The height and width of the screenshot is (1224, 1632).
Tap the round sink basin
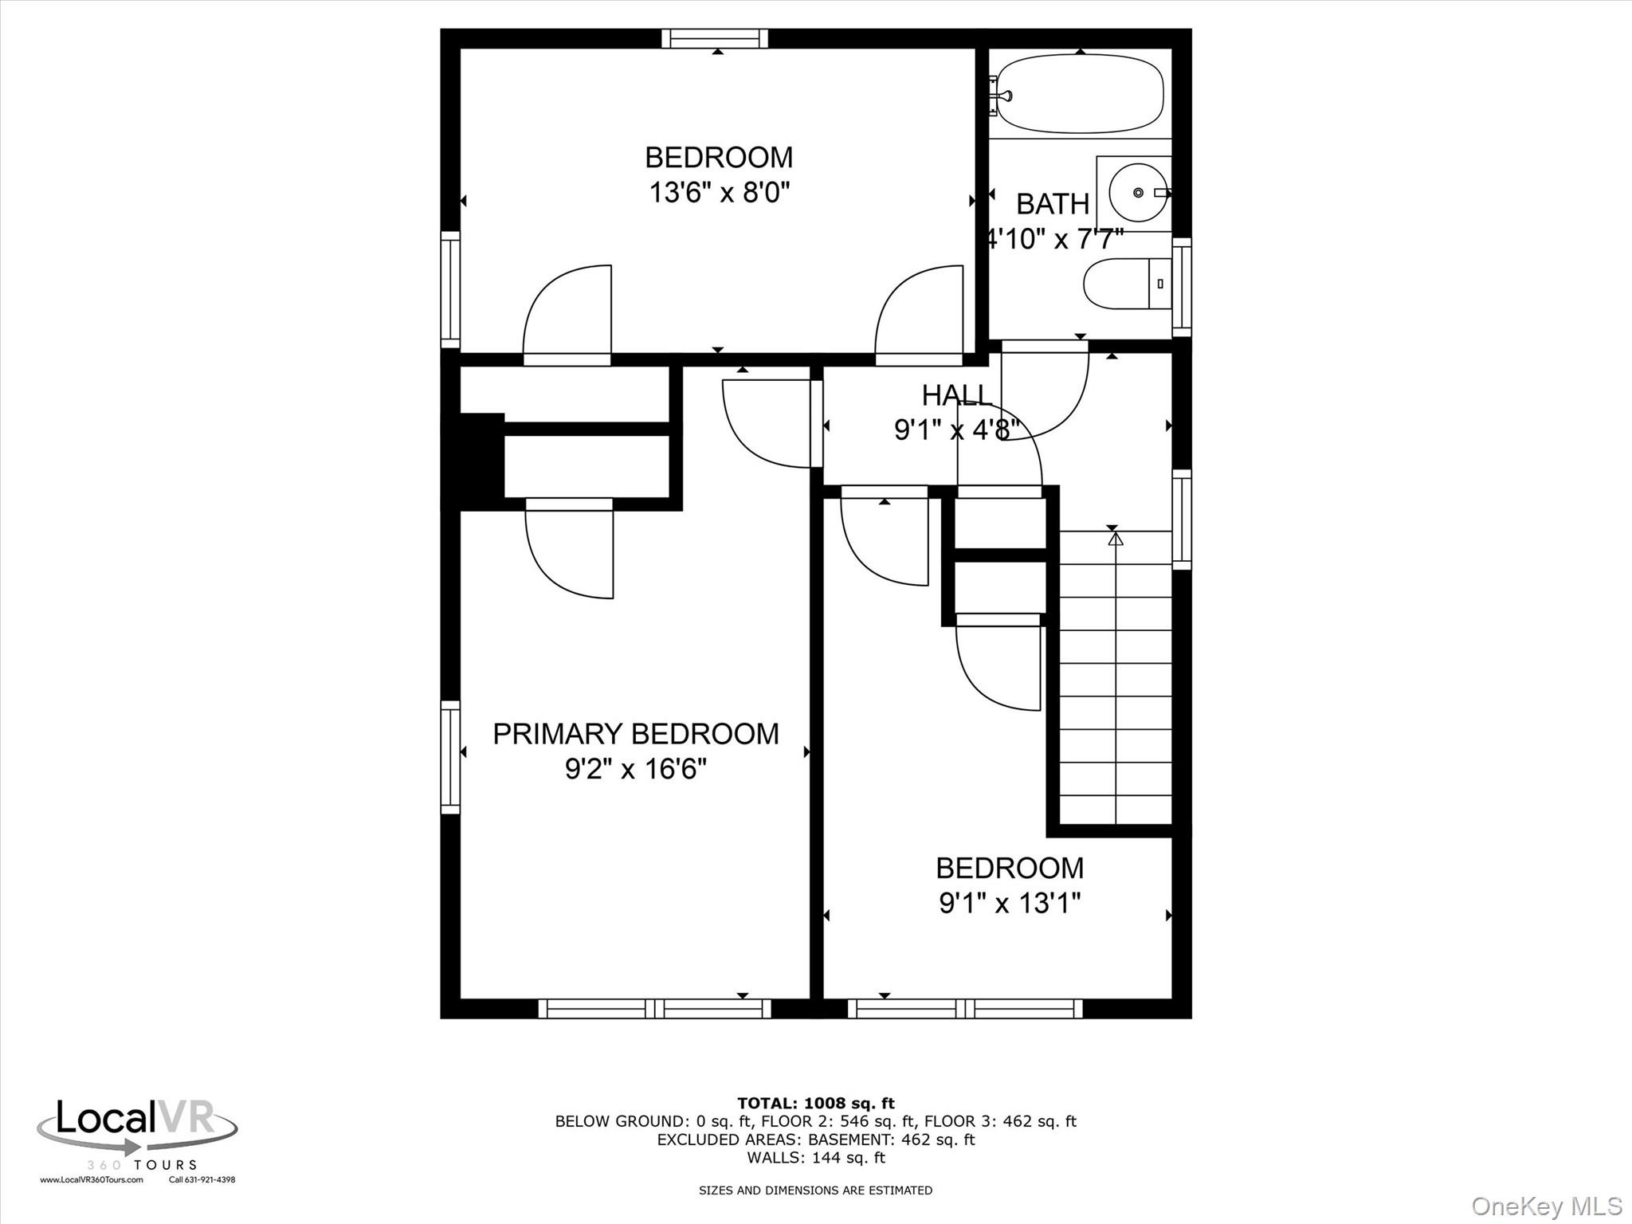(x=1138, y=193)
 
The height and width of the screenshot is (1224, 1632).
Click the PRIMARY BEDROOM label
(x=635, y=734)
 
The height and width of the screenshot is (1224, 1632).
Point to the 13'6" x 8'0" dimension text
(x=719, y=192)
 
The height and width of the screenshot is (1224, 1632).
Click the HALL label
(x=956, y=395)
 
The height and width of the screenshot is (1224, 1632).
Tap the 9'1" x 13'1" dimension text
(x=1010, y=903)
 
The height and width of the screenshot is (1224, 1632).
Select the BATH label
(x=1052, y=204)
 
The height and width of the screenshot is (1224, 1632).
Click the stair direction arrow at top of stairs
(x=1116, y=539)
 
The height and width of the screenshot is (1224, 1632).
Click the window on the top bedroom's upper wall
(x=715, y=38)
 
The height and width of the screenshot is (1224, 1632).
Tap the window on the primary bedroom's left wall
(x=450, y=757)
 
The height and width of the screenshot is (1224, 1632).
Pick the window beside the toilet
(x=1182, y=287)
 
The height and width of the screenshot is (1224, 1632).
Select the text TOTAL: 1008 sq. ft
(x=815, y=1103)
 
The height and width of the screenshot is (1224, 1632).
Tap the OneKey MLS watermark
(x=1546, y=1206)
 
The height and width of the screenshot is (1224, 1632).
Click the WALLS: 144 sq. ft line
(x=815, y=1158)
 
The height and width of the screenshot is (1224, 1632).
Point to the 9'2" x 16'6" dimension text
(x=635, y=769)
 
